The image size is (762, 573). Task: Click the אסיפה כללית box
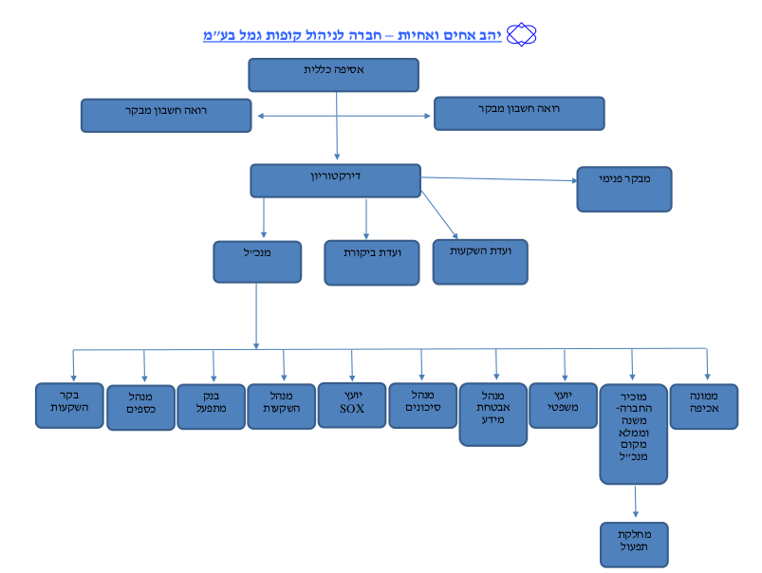coord(333,75)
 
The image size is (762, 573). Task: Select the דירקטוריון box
coord(335,181)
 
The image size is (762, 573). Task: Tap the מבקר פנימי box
coord(624,189)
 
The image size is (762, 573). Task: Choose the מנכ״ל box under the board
coord(257,262)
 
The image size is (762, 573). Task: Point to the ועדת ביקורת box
coord(372,263)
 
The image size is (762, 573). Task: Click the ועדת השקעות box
coord(480,262)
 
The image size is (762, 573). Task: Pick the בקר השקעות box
coord(69,405)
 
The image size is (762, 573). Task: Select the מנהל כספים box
coord(140,407)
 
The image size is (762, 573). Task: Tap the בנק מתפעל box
coord(211,407)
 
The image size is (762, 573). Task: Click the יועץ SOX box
coord(352,405)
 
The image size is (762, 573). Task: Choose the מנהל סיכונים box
coord(423,405)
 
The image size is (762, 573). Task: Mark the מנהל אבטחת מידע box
coord(493,415)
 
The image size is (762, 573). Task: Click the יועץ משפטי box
coord(564,405)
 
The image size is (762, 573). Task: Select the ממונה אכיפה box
coord(704,406)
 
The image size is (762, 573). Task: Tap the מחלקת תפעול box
coord(634,545)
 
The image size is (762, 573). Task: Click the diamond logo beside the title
coord(522,34)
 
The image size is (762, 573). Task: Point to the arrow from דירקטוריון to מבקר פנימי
coord(499,179)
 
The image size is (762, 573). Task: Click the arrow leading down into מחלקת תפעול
coord(635,501)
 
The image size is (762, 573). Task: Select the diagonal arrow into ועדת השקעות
coord(439,214)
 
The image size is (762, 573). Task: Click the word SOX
coord(352,409)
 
